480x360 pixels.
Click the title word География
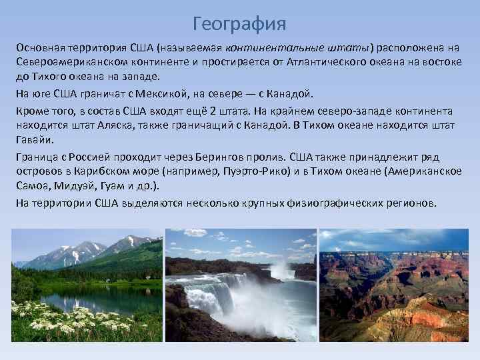(239, 25)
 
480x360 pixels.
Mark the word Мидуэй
(73, 186)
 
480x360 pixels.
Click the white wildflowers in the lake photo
(67, 320)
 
